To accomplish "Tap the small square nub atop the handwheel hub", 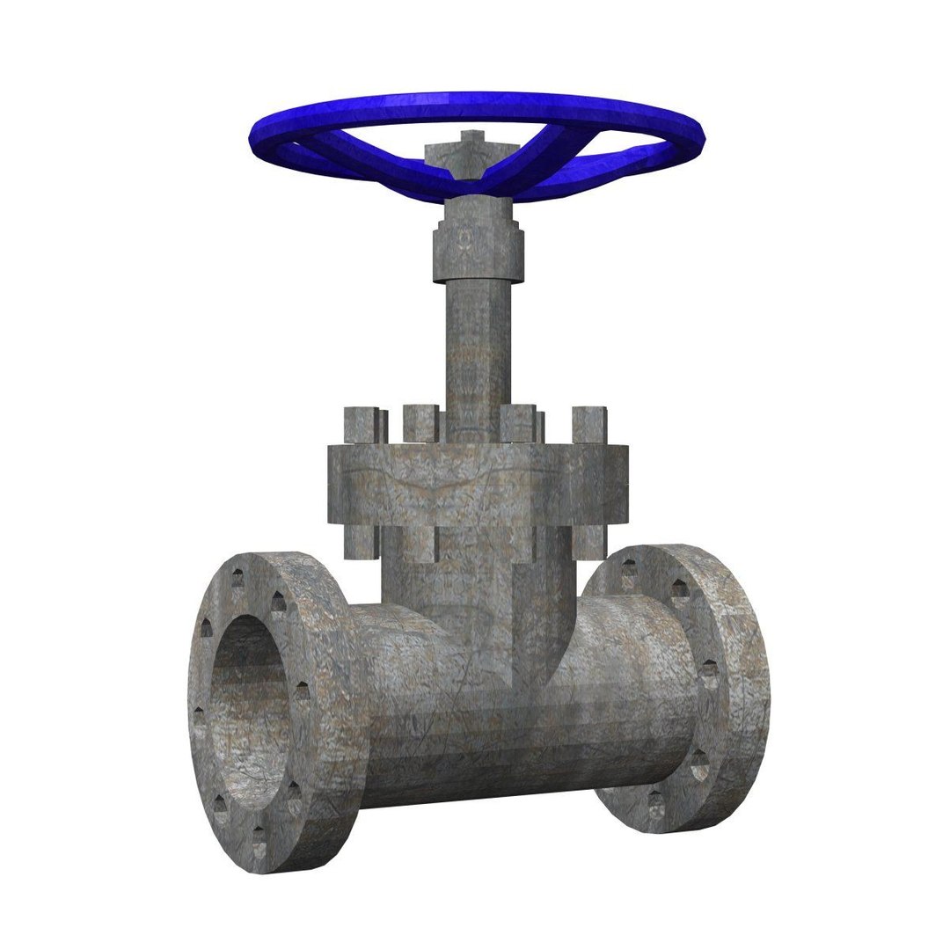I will click(x=472, y=139).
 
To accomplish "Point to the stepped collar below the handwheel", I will click(x=475, y=251).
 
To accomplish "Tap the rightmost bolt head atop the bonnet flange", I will click(x=588, y=424).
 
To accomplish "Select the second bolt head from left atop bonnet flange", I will click(x=420, y=422).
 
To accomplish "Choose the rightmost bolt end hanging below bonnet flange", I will click(x=590, y=540).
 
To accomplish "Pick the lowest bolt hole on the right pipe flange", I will click(x=655, y=800).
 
